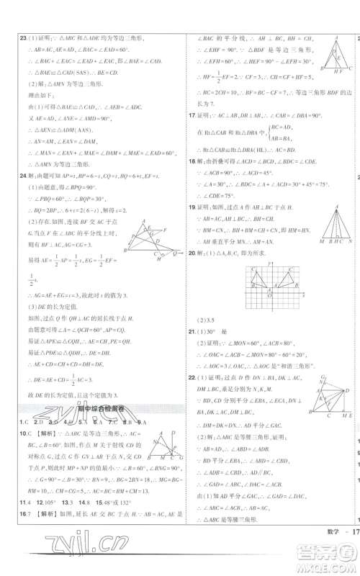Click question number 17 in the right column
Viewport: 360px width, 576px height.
coord(191,114)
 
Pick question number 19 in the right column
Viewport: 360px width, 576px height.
coord(191,207)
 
